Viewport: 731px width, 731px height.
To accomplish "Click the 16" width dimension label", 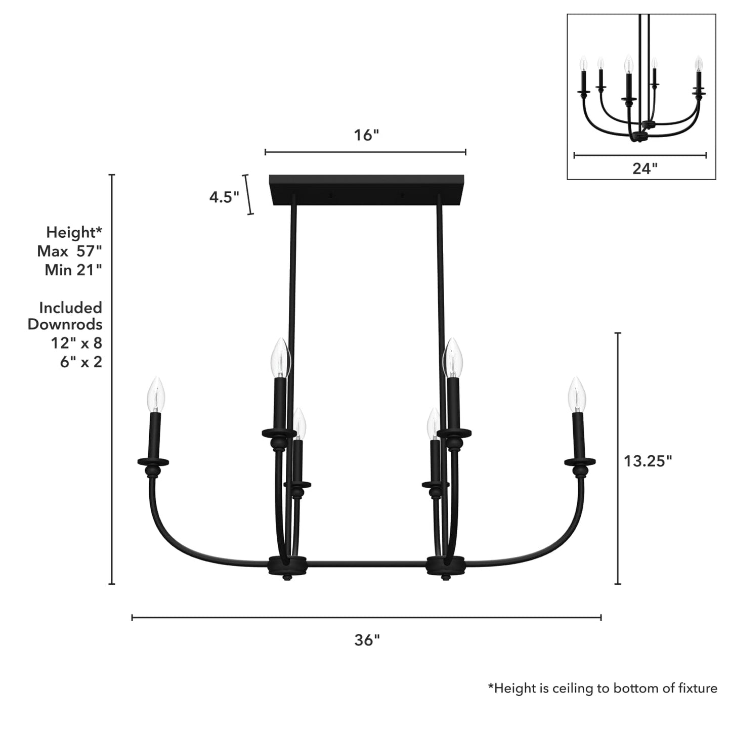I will (366, 136).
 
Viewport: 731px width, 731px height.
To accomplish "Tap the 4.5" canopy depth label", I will (224, 197).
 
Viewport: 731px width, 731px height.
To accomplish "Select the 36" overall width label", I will (367, 640).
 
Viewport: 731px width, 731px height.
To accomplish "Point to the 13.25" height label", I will (648, 461).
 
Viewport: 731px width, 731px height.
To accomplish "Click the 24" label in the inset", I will (644, 168).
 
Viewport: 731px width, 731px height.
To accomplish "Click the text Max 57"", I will (69, 251).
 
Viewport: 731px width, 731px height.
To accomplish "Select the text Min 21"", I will (73, 270).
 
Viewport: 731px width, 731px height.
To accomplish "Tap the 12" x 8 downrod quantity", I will (76, 343).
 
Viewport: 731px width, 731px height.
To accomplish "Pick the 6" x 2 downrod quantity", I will (81, 362).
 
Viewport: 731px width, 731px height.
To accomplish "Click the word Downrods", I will (65, 324).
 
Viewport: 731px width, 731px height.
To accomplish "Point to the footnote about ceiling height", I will (602, 688).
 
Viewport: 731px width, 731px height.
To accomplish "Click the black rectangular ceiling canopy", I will (367, 190).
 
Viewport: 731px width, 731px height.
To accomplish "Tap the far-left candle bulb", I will (156, 395).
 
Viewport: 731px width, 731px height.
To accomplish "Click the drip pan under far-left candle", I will (153, 462).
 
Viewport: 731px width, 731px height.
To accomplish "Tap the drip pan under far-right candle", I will (580, 461).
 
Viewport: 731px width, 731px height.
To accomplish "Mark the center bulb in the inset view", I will (628, 64).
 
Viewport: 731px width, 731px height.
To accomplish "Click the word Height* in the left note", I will (74, 232).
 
